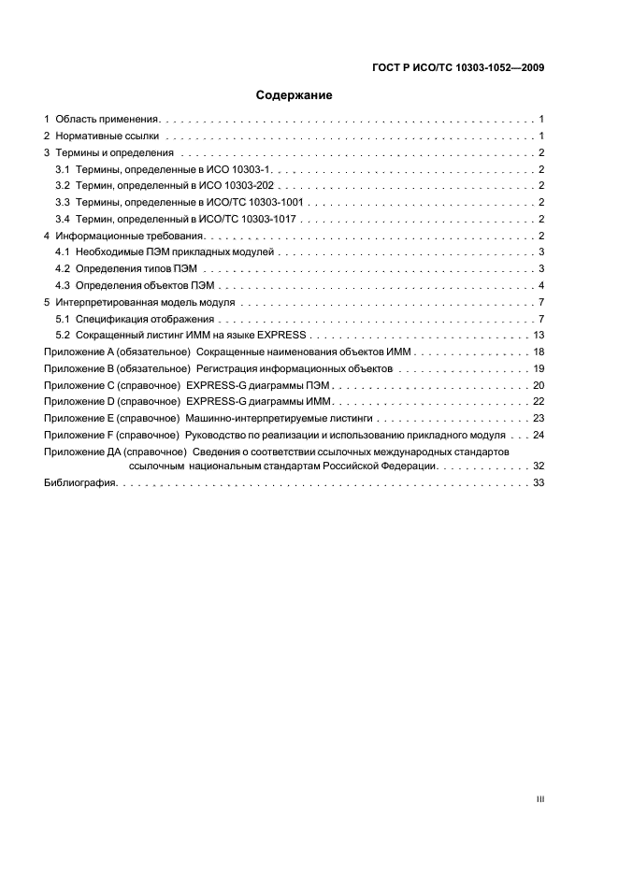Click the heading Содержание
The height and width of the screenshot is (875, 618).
(x=294, y=95)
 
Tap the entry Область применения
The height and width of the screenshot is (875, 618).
(x=108, y=119)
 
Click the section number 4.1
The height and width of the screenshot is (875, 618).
(x=64, y=252)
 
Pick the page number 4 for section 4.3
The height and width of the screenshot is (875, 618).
(x=541, y=285)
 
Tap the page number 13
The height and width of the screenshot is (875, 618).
(x=539, y=335)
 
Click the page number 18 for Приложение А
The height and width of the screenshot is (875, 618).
(x=539, y=351)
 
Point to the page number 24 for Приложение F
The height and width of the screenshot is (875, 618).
(x=539, y=436)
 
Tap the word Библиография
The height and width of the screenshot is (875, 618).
(x=79, y=482)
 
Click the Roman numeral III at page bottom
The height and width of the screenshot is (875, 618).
(x=539, y=798)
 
